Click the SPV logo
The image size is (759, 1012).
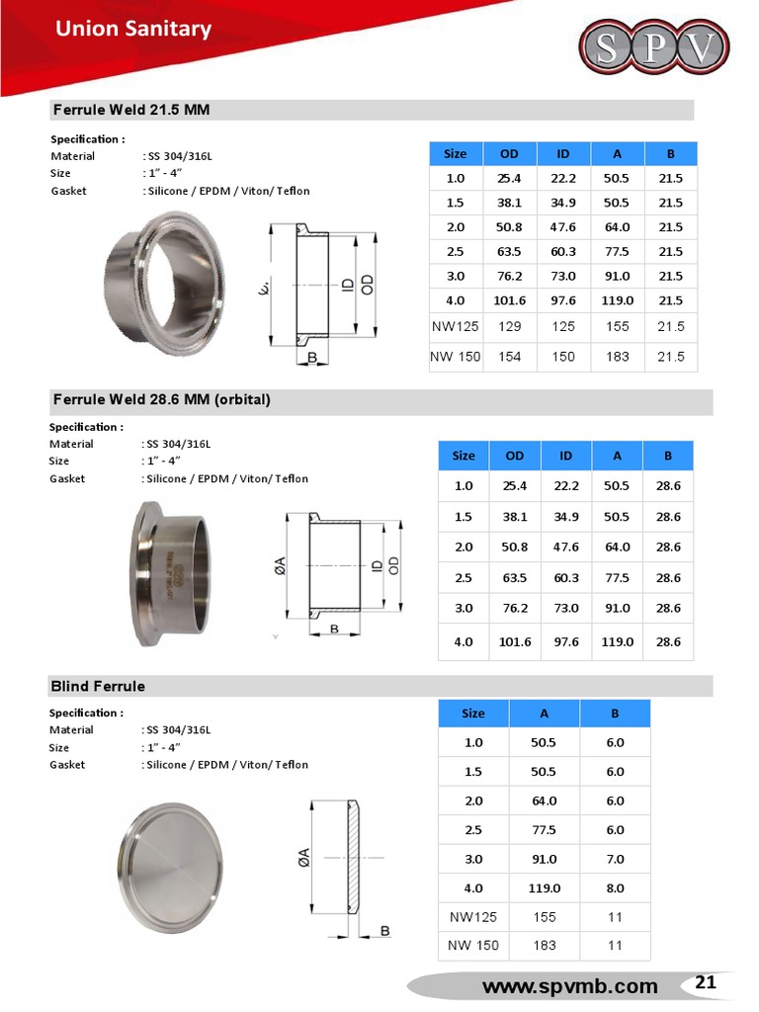coord(653,46)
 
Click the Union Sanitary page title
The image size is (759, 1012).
coord(132,29)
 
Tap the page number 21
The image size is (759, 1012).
coord(706,982)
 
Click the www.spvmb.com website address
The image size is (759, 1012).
coord(569,986)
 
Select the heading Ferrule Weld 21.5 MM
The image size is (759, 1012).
coord(130,110)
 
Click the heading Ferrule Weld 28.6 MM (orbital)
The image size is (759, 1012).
coord(161,399)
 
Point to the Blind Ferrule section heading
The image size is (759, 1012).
coord(98,686)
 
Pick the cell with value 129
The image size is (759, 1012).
coord(509,326)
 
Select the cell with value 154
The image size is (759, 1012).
coord(509,357)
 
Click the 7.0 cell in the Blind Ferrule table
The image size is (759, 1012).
coord(615,859)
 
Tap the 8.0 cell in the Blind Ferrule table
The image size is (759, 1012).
coord(615,888)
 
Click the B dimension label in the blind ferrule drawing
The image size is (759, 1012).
coord(384,931)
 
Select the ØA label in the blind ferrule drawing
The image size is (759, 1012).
coord(304,858)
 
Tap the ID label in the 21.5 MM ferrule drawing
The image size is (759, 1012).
coord(347,285)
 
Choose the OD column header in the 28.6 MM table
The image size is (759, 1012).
coord(515,456)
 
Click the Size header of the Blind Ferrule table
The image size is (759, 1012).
coord(473,713)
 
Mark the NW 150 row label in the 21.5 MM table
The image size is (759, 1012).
coord(456,357)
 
